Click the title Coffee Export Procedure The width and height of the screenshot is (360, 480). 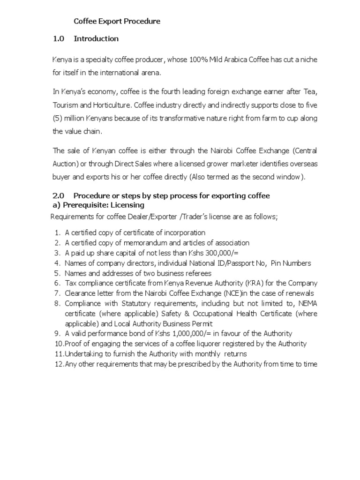117,21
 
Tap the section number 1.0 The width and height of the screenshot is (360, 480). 58,38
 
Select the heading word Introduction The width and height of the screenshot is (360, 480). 96,38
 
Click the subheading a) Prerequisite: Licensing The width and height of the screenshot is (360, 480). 97,205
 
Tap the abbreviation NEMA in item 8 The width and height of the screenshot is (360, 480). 307,303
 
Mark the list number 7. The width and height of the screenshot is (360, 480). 57,293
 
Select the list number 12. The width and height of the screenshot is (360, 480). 59,364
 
